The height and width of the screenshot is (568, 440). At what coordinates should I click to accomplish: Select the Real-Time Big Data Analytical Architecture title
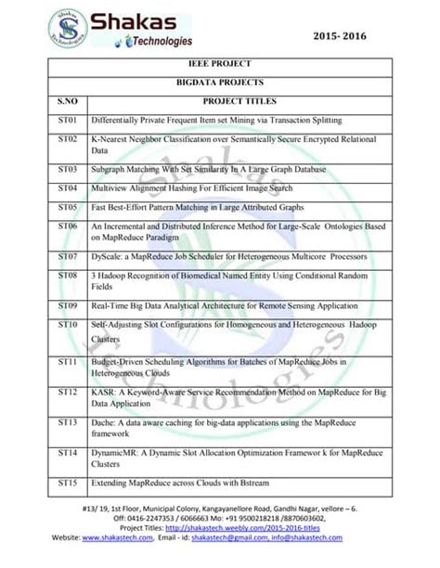[x=223, y=305]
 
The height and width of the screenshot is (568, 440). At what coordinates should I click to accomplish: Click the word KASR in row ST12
[x=104, y=394]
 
